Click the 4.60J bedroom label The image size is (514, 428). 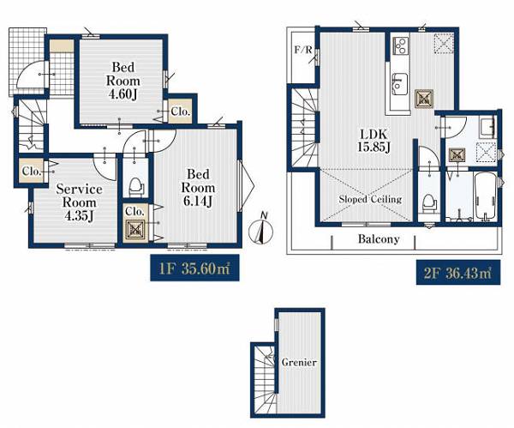click(x=123, y=81)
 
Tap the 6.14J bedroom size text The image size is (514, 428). click(x=198, y=201)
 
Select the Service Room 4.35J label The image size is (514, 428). click(x=80, y=202)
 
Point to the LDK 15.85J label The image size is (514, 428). click(x=374, y=141)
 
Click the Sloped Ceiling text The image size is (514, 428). click(x=370, y=199)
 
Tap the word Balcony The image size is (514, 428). click(x=379, y=238)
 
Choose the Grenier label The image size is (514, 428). click(x=299, y=362)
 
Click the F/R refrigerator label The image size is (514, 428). click(x=303, y=50)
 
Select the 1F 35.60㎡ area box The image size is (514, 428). click(x=194, y=268)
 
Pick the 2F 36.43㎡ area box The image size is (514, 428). click(x=458, y=273)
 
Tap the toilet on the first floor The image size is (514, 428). click(x=136, y=188)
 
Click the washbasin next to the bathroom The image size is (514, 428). click(x=487, y=129)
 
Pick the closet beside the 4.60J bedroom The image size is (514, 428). click(x=180, y=112)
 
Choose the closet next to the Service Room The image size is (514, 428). click(x=31, y=172)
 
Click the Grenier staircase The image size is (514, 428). click(x=265, y=379)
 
